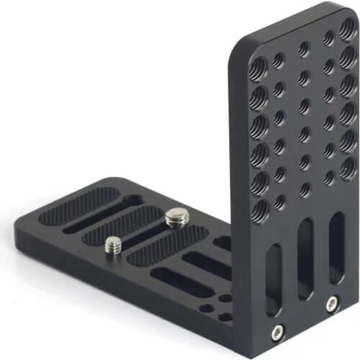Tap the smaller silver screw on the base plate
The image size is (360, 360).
click(112, 246)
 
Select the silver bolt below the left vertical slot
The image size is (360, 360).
click(276, 331)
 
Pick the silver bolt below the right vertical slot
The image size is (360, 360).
click(332, 303)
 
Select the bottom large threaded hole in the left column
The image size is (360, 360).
click(261, 211)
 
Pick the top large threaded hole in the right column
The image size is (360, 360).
click(348, 30)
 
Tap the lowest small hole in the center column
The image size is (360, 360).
click(305, 189)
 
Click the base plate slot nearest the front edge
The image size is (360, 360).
click(180, 283)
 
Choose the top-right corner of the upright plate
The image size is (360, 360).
click(354, 9)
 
